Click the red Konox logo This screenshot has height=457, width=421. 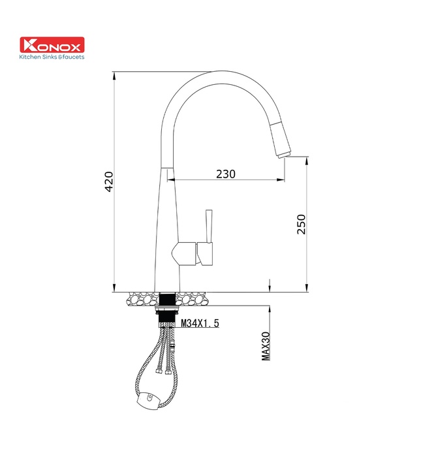point(53,45)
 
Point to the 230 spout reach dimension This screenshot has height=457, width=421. point(225,174)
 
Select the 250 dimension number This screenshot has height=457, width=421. point(300,224)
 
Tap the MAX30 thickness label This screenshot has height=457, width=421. point(265,344)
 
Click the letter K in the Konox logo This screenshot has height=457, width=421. point(30,45)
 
